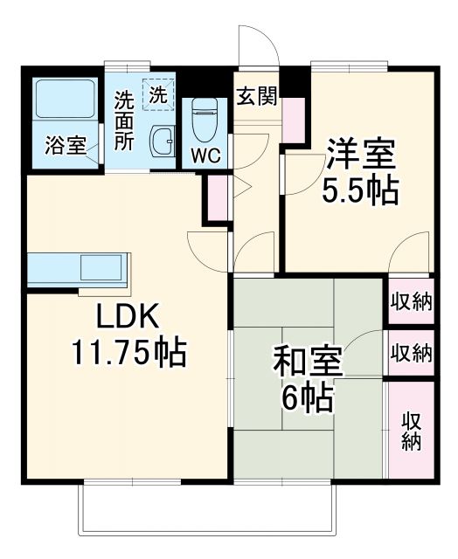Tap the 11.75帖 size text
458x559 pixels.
click(x=128, y=352)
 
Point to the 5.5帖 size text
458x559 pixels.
click(x=361, y=190)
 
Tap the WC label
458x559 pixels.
click(x=206, y=156)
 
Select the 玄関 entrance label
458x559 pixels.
click(x=256, y=95)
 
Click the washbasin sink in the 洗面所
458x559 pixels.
click(x=161, y=141)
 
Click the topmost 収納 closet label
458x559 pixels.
click(x=411, y=302)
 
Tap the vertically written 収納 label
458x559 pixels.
click(x=411, y=431)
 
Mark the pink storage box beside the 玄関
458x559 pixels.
click(x=292, y=120)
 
